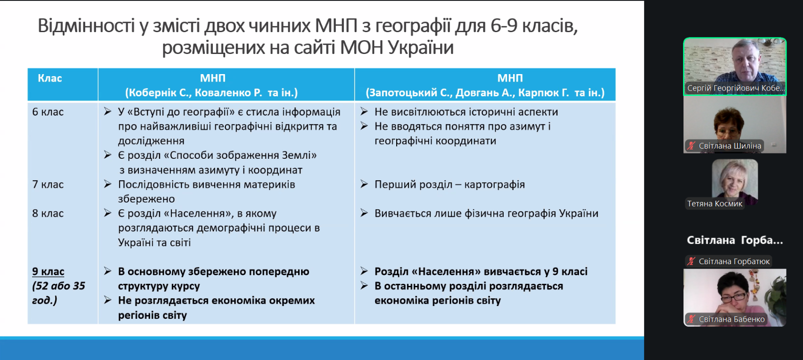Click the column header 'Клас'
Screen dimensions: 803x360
(50, 79)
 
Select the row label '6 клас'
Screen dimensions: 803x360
(48, 112)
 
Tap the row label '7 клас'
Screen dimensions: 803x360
(48, 185)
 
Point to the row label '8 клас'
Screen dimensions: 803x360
(48, 214)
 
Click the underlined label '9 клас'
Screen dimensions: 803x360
(48, 272)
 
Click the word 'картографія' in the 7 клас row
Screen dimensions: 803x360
(494, 185)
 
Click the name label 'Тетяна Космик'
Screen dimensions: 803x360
(715, 204)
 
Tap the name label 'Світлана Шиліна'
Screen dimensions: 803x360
(730, 146)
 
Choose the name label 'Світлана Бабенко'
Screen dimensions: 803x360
(732, 319)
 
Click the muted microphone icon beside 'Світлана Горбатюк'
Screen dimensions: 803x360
(691, 261)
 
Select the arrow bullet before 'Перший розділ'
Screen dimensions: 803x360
(364, 184)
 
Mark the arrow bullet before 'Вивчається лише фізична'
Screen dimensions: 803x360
(364, 213)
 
